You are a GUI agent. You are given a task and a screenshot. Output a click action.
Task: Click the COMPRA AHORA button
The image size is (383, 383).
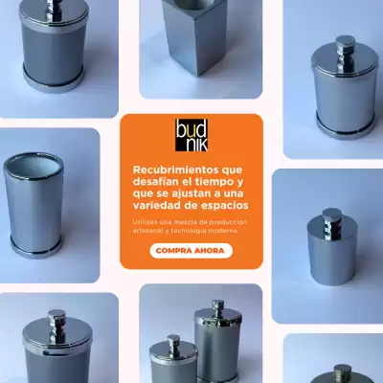tap(191, 251)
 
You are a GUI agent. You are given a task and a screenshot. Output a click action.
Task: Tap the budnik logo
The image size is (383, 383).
tap(191, 135)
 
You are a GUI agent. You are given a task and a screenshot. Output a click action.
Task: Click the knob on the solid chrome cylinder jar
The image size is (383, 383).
tap(332, 220)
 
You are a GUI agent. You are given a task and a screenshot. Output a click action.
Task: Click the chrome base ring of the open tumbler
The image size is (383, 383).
tap(35, 249)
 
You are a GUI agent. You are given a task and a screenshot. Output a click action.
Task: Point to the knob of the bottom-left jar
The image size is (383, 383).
tap(56, 324)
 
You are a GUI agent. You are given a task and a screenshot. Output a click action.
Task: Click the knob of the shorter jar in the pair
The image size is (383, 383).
tap(173, 342)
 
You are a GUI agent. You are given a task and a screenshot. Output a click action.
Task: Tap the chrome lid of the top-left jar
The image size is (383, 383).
tap(54, 16)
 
